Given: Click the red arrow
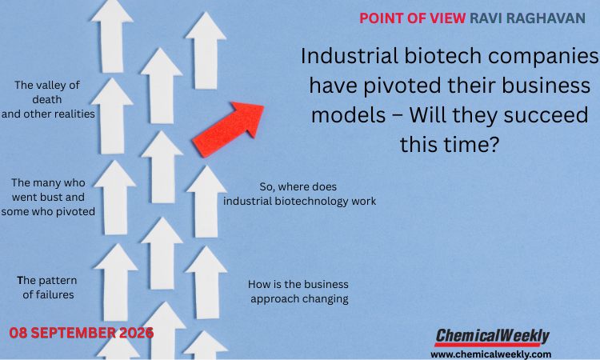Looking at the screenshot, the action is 230,129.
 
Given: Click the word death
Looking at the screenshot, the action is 47,99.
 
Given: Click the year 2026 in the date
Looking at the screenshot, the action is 136,333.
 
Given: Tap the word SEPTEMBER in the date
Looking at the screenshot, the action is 73,333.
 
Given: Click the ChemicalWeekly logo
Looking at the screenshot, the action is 492,337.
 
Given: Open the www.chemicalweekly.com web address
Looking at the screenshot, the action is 491,354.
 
